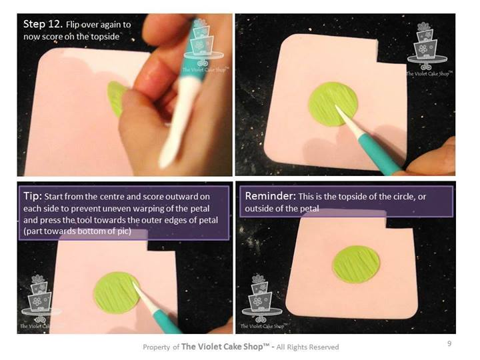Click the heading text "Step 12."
[43, 24]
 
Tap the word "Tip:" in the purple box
[33, 196]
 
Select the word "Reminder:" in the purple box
[270, 195]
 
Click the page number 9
[449, 343]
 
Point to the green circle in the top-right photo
[333, 104]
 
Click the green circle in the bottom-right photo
[356, 264]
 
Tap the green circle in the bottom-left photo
[116, 293]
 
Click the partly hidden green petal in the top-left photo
[116, 99]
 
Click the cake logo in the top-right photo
[427, 49]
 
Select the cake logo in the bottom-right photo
[263, 301]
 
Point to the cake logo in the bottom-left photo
[40, 301]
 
